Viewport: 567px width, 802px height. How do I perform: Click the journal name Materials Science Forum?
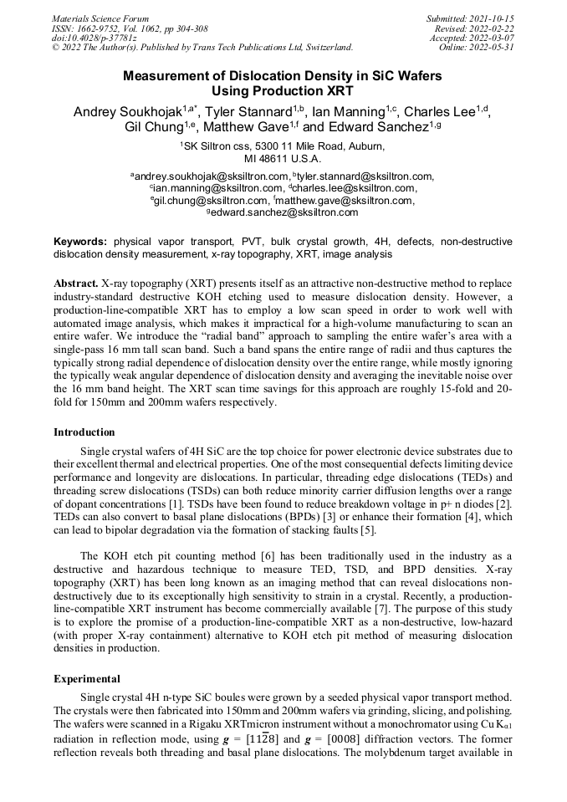click(100, 18)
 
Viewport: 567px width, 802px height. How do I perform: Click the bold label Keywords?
click(80, 241)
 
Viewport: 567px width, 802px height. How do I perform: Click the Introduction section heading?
click(84, 432)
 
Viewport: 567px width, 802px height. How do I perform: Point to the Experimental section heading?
click(87, 678)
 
